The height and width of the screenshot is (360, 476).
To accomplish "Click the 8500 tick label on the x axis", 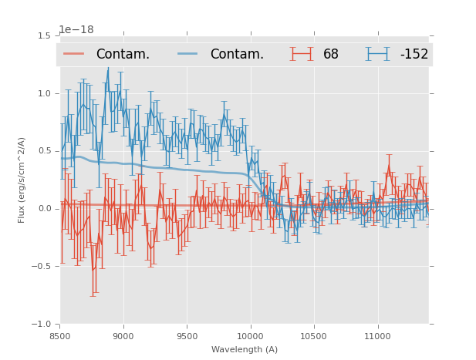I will point(60,336).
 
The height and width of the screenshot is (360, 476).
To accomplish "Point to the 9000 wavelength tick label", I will point(123,336).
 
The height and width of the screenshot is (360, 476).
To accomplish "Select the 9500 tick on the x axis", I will point(187,336).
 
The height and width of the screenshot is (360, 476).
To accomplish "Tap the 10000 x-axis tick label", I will point(250,336).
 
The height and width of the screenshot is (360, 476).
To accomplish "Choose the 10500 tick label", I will point(314,336).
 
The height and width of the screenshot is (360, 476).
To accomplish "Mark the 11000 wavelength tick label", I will point(377,336).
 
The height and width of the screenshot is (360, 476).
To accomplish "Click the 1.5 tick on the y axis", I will point(46,35).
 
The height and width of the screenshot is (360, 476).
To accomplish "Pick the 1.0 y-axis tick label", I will point(46,93).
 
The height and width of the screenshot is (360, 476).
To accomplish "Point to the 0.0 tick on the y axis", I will point(46,209).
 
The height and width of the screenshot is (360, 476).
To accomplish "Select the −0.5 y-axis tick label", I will point(43,267).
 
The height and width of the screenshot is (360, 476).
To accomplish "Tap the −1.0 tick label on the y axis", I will point(43,325).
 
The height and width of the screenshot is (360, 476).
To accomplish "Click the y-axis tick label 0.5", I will point(46,151).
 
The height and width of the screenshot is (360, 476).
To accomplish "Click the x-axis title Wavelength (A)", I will point(245,350).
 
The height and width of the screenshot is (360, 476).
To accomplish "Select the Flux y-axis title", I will point(22,180).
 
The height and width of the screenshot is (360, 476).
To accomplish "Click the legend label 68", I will point(331,55).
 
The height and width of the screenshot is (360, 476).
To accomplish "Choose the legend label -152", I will point(414,55).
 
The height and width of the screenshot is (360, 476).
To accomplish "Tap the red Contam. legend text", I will point(123,55).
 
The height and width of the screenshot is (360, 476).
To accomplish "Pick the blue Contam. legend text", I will point(237,55).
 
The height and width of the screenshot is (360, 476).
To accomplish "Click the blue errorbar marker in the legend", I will point(378,54).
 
